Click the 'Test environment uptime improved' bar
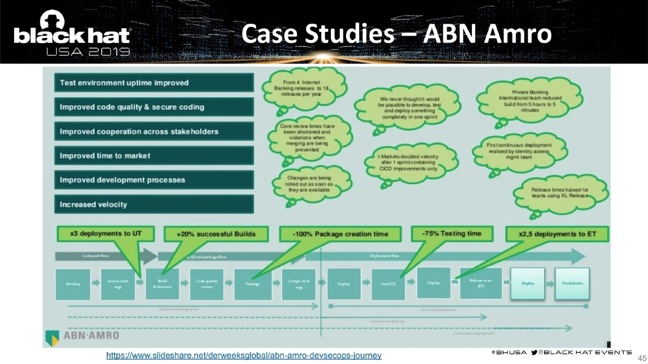(153, 83)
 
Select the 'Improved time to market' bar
(153, 156)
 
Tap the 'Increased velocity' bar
(153, 204)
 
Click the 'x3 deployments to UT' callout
(105, 234)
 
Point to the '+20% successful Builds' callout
(215, 234)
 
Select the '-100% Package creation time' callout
(340, 234)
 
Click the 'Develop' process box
(73, 284)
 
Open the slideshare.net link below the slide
(244, 355)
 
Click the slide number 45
(642, 358)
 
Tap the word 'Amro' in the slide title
(517, 33)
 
